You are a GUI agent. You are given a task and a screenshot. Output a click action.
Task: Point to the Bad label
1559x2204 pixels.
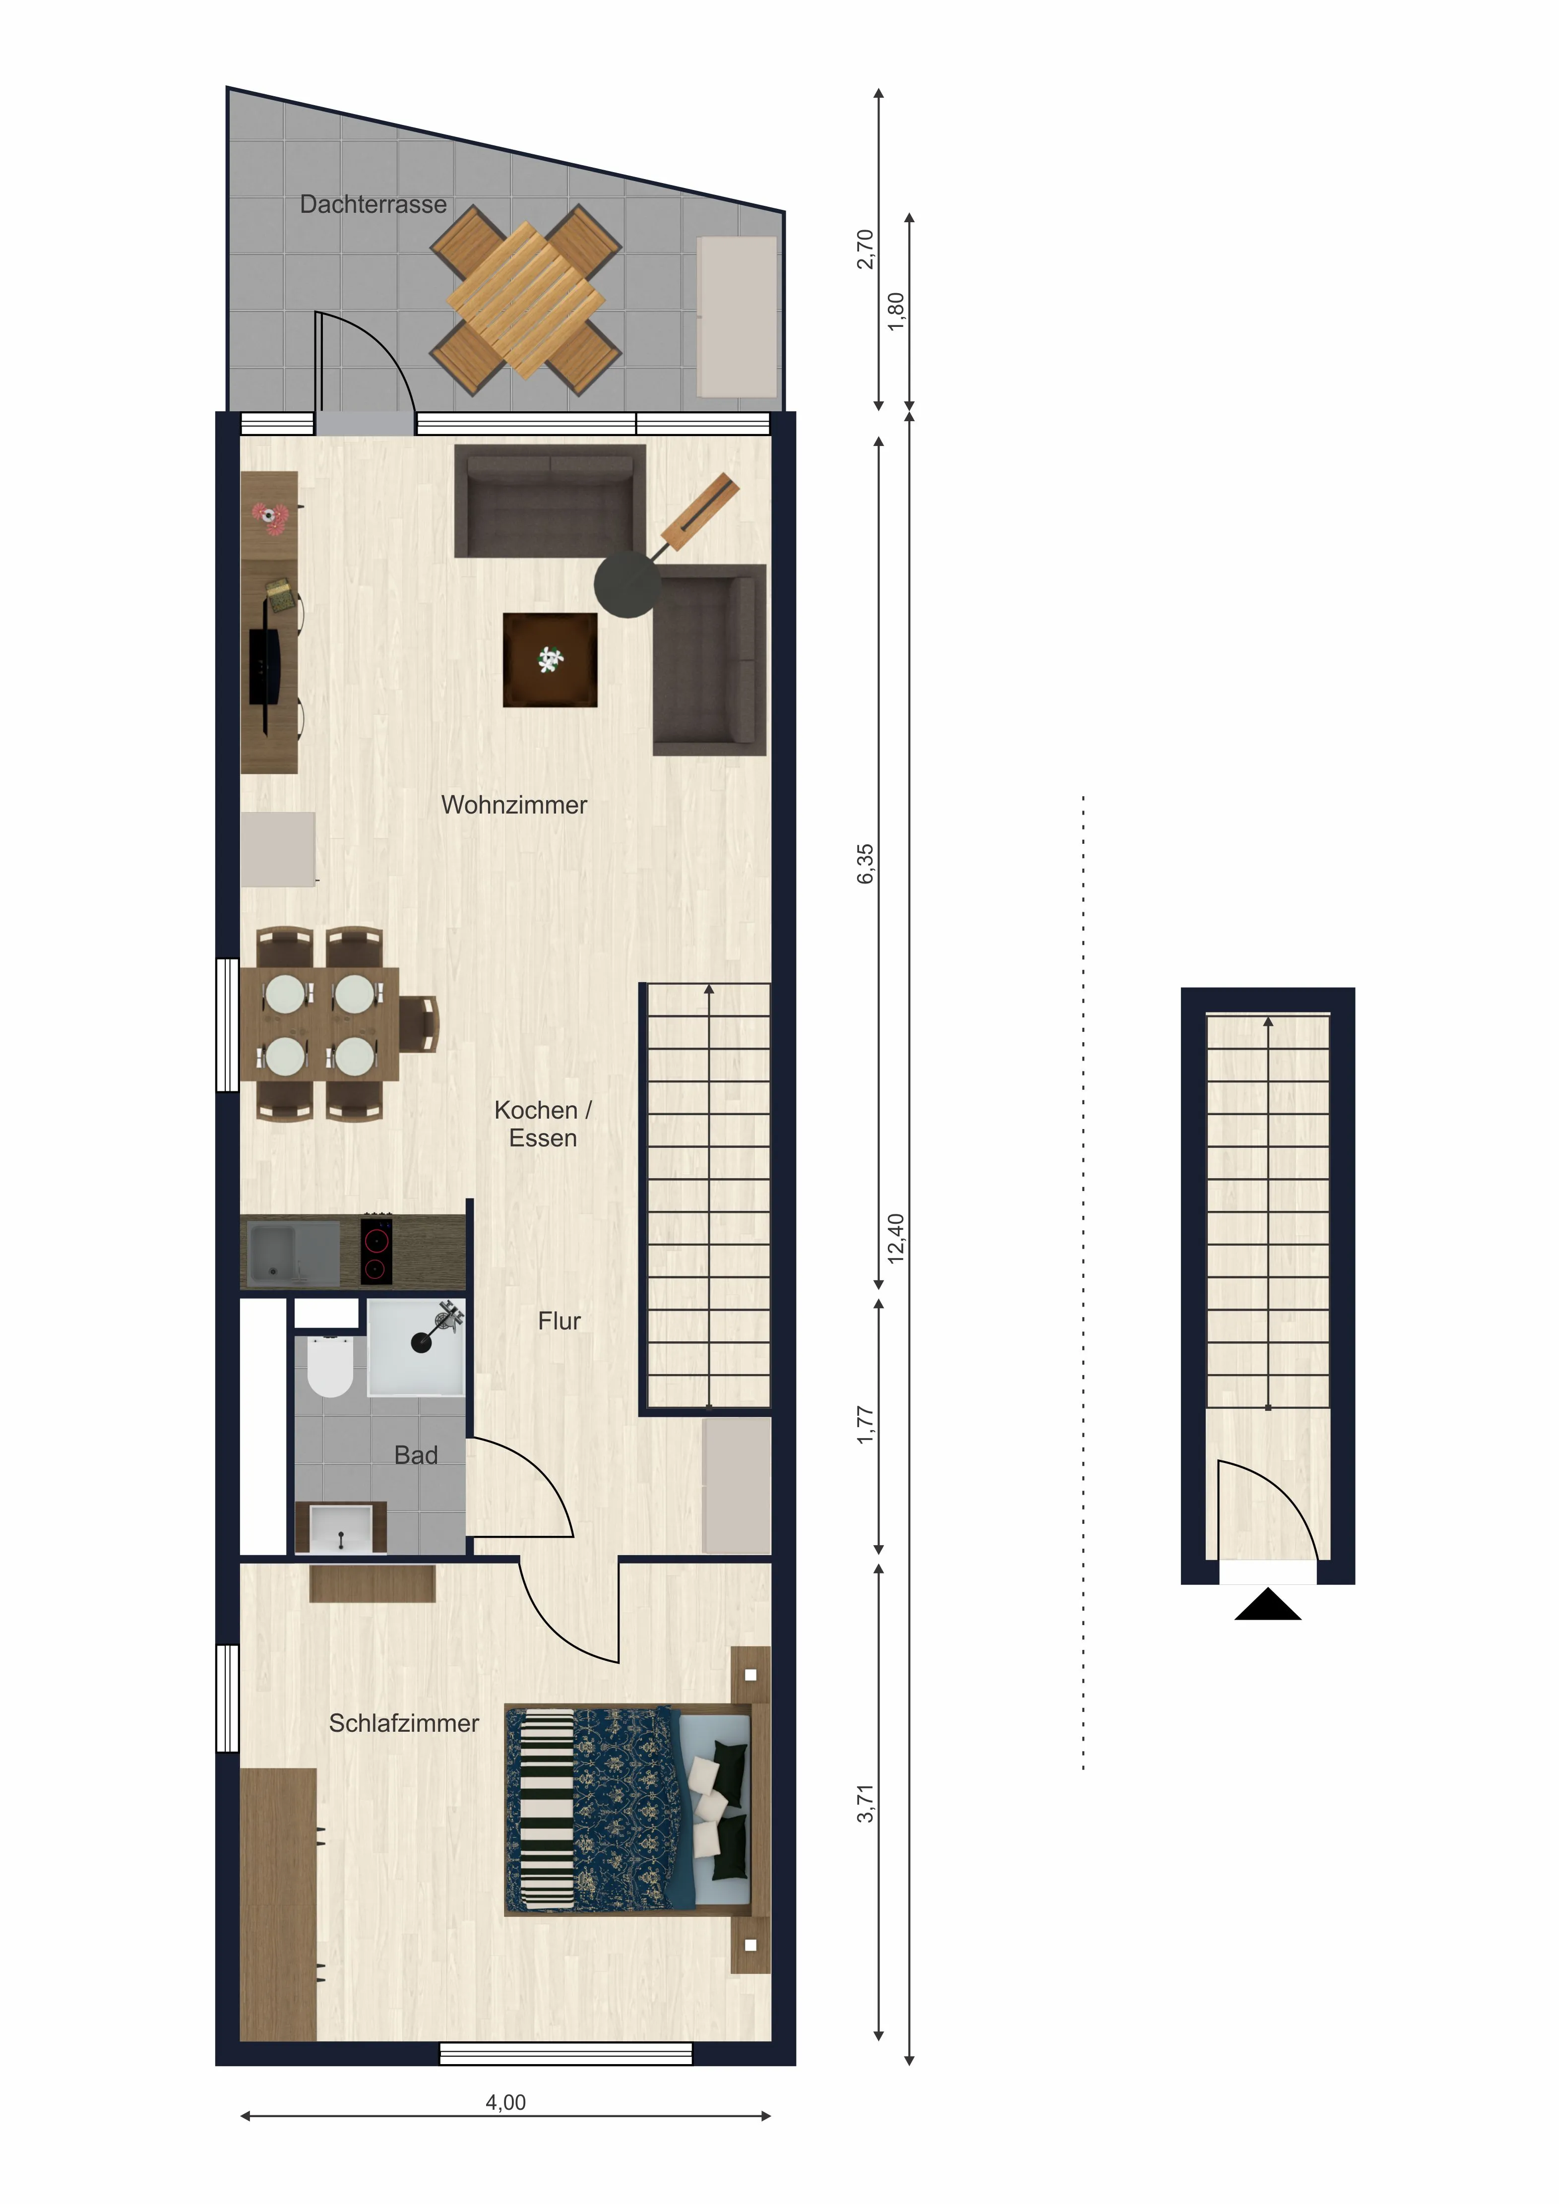(416, 1455)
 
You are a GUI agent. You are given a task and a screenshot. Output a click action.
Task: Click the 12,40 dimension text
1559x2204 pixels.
(896, 1238)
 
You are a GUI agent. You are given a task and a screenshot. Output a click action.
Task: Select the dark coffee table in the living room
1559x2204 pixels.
(550, 659)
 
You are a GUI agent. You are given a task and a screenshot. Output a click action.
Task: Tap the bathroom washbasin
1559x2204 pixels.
(341, 1527)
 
